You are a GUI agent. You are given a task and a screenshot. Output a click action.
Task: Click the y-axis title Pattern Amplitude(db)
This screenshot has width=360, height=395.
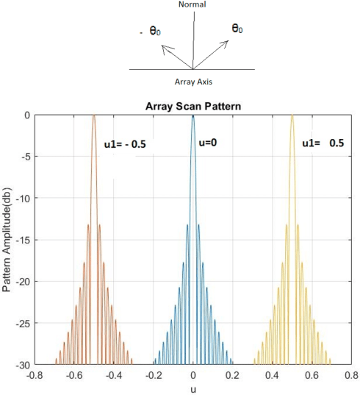pyautogui.click(x=8, y=239)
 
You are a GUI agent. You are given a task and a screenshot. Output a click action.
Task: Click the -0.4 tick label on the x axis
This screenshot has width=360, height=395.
pyautogui.click(x=112, y=374)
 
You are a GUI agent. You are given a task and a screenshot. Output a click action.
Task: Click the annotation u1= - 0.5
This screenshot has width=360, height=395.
pyautogui.click(x=124, y=144)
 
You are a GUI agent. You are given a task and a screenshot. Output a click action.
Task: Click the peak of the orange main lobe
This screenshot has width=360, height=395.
pyautogui.click(x=93, y=115)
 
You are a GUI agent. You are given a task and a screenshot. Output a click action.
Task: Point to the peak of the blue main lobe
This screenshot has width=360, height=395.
pyautogui.click(x=192, y=115)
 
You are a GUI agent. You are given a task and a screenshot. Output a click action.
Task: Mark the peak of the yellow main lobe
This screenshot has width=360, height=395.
pyautogui.click(x=292, y=115)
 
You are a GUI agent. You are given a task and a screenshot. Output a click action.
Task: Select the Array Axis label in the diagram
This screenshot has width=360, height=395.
pyautogui.click(x=194, y=82)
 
